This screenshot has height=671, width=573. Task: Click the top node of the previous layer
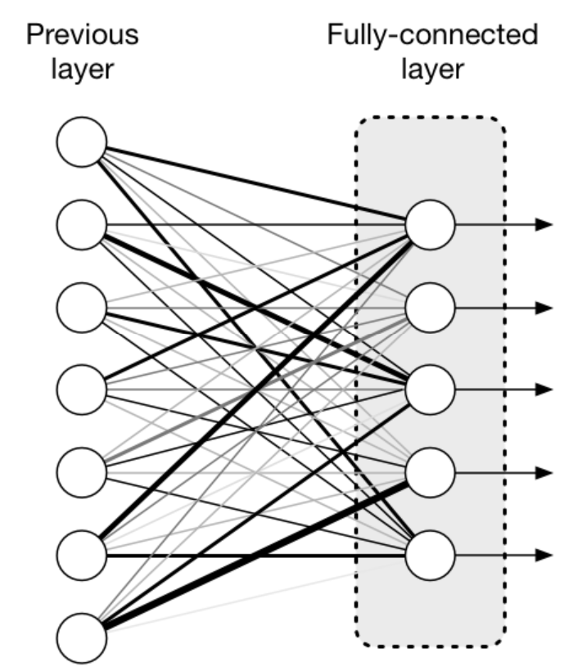[x=82, y=142]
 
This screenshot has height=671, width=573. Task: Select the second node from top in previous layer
[x=82, y=225]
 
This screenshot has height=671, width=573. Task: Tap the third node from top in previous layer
[x=82, y=307]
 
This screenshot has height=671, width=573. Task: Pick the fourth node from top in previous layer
[x=82, y=390]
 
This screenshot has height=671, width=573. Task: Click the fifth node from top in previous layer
[x=82, y=472]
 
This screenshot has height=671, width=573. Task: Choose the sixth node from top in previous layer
[x=82, y=555]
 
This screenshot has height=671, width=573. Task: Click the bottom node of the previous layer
[x=82, y=637]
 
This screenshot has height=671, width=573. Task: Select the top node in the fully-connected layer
[x=430, y=225]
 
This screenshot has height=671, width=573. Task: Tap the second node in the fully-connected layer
[x=430, y=307]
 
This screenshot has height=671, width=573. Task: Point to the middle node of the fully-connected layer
[x=430, y=390]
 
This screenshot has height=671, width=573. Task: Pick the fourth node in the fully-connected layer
[x=430, y=472]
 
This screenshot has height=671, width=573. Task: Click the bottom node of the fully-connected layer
[x=430, y=555]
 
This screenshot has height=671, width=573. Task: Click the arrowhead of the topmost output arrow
[x=544, y=224]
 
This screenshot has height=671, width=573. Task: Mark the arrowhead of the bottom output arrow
[x=544, y=555]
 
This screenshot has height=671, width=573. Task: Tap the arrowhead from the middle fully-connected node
[x=544, y=390]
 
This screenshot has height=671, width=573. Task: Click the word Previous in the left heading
[x=83, y=34]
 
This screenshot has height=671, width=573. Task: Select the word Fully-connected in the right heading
[x=433, y=36]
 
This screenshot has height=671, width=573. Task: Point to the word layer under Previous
[x=83, y=70]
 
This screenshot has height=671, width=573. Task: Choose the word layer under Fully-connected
[x=433, y=70]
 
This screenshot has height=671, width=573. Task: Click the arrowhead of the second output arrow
[x=544, y=307]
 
